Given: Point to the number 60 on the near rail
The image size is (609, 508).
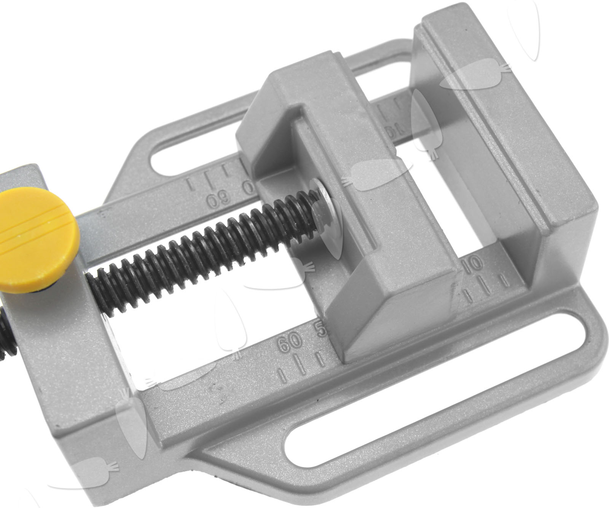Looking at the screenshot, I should point(290,342).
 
